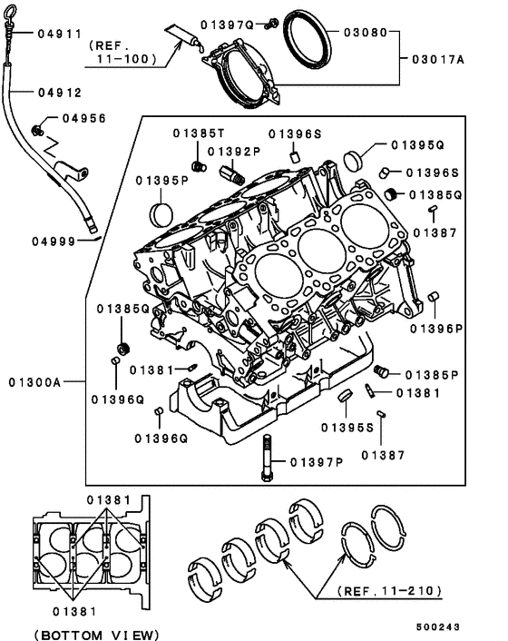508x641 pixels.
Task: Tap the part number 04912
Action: (59, 93)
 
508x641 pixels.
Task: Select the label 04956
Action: (84, 118)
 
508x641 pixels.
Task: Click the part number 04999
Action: (54, 241)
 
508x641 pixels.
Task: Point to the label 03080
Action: (366, 32)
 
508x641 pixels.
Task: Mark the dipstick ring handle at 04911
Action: (11, 11)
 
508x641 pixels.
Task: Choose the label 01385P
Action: (430, 374)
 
